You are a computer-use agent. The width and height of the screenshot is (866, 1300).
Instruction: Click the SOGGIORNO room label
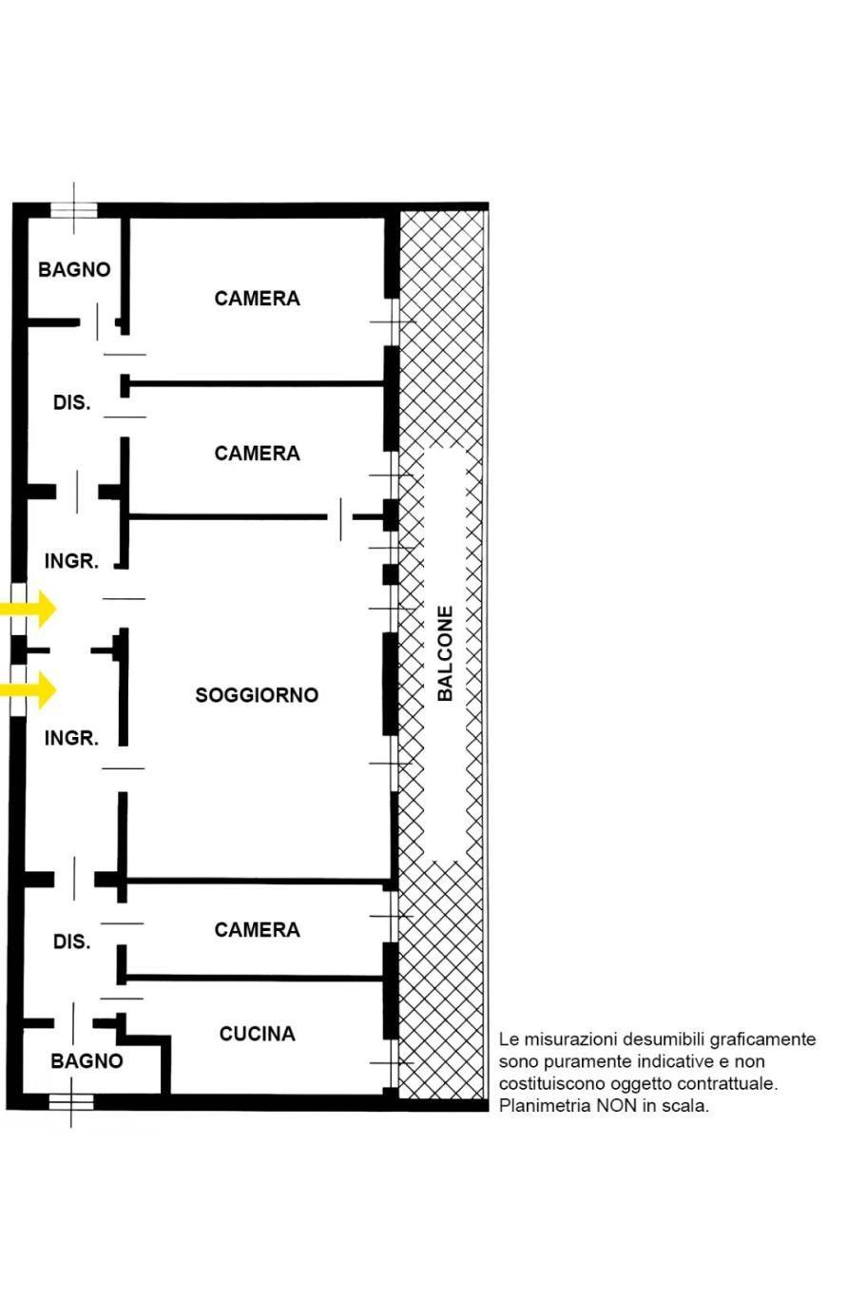point(257,695)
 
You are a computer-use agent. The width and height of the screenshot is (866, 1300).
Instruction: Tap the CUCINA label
point(257,1034)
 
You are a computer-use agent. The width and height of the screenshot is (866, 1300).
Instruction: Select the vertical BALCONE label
point(445,653)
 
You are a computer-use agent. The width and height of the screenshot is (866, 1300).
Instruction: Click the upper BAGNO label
point(74,269)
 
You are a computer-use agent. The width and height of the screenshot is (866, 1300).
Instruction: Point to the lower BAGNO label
point(87,1060)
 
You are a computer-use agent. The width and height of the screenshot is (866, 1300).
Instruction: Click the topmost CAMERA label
point(257,299)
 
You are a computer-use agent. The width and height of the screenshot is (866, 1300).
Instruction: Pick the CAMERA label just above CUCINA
point(257,929)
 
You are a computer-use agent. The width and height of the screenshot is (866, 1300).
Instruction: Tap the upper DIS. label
point(72,402)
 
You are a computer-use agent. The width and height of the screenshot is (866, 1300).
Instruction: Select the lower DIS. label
point(72,941)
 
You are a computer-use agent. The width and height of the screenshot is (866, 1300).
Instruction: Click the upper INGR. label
point(71,561)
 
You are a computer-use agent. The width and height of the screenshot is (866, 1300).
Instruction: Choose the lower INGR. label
point(71,738)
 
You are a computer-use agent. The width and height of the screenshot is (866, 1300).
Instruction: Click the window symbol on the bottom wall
point(71,1102)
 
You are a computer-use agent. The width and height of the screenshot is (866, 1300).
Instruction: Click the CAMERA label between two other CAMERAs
point(257,454)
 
